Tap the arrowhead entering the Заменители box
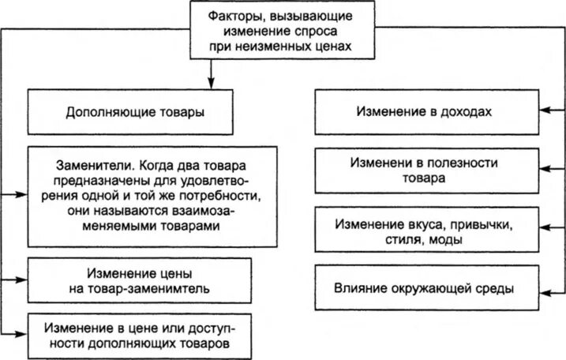[x=21, y=195]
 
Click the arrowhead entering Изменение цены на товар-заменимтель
[x=21, y=279]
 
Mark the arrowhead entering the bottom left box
[x=21, y=334]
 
